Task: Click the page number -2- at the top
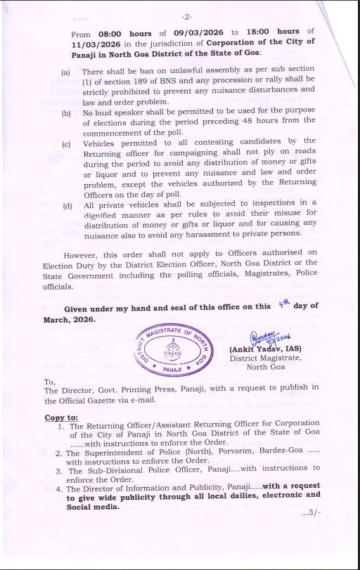coord(187,16)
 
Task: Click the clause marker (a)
coord(65,72)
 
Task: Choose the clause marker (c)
coord(65,141)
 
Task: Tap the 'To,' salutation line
coord(51,380)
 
